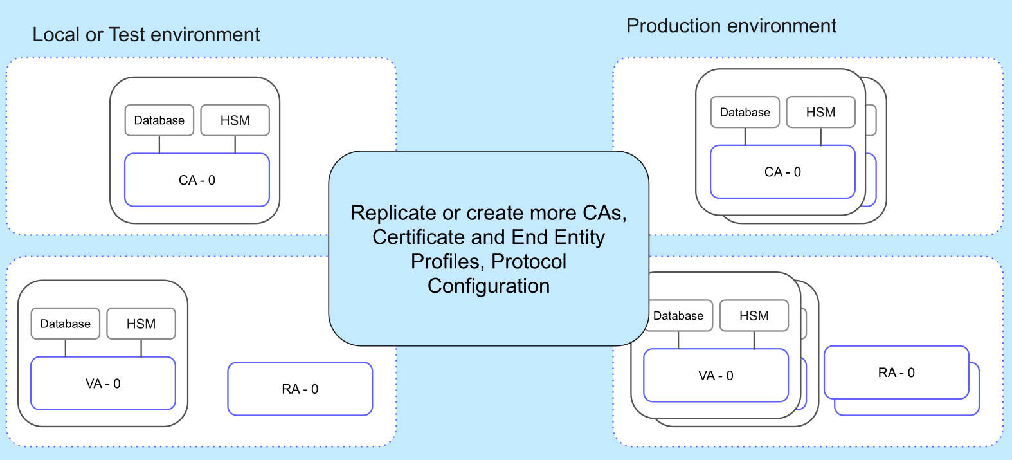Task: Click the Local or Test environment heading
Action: point(146,35)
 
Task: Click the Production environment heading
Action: point(731,26)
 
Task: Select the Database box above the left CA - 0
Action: point(159,120)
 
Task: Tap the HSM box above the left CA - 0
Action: point(235,120)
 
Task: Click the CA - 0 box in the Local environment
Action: point(197,180)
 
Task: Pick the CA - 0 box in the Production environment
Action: point(782,172)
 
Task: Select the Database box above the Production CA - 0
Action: point(745,113)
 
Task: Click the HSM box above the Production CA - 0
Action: point(820,113)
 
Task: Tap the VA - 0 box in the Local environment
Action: point(103,383)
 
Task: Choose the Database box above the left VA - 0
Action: point(65,324)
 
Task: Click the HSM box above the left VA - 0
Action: point(141,324)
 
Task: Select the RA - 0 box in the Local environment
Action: point(300,389)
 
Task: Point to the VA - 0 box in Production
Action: point(716,375)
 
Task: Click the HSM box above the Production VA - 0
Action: point(754,316)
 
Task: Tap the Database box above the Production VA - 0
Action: point(679,316)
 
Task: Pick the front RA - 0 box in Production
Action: point(896,373)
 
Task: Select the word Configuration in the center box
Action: point(489,286)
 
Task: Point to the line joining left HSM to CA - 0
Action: point(235,145)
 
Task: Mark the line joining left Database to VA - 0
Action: point(66,348)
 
